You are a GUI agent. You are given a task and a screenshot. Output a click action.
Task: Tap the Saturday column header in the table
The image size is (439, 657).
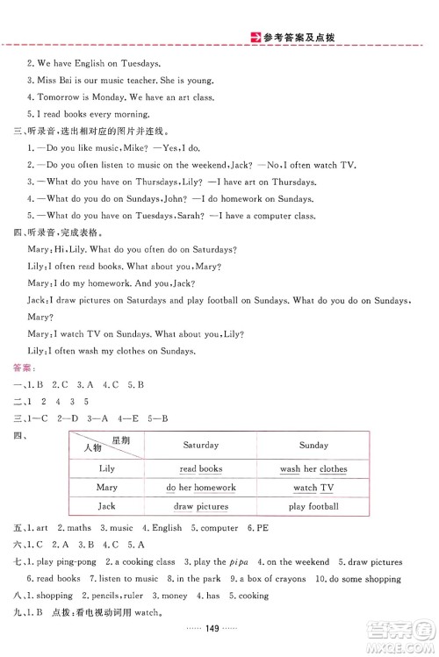coord(200,446)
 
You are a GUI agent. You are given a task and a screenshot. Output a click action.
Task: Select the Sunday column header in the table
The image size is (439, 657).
coord(313,446)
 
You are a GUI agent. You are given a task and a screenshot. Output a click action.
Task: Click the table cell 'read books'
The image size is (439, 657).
coord(200,469)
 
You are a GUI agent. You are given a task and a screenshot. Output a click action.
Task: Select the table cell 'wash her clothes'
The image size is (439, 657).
coord(313,469)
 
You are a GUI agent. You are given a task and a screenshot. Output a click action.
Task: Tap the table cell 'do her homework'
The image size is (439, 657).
coord(200,488)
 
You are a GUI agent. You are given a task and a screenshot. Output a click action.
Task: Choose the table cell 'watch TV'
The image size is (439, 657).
coord(313,488)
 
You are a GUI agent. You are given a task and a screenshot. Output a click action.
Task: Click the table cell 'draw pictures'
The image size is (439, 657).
coord(200,506)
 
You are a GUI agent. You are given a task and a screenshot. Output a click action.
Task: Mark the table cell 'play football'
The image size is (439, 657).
coord(313,506)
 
